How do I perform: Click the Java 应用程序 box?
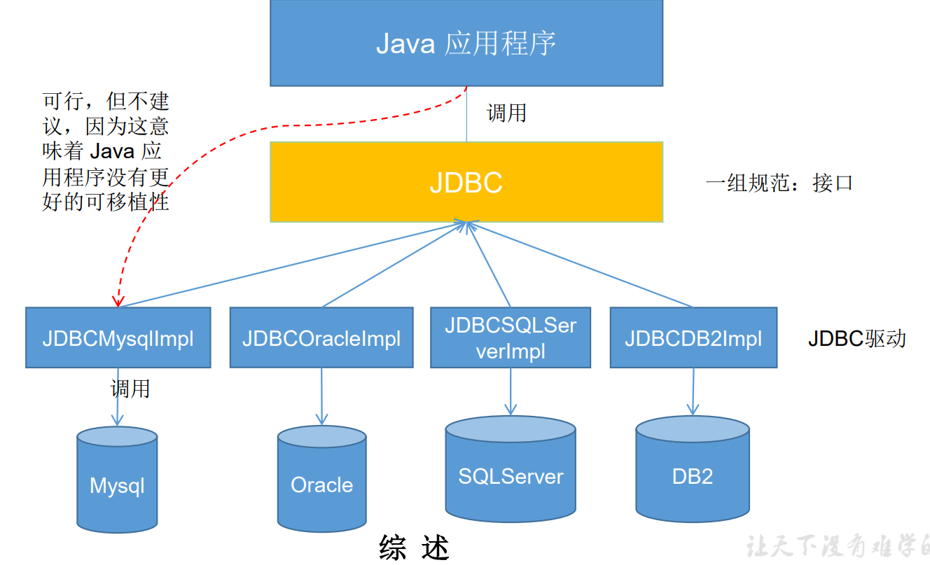tap(466, 43)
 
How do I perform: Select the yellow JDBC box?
tap(466, 182)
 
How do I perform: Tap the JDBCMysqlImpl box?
tap(118, 337)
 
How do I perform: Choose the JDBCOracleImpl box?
tap(321, 337)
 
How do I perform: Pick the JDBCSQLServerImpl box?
tap(511, 337)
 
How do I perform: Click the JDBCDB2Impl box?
tap(693, 337)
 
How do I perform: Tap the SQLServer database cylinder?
tap(511, 476)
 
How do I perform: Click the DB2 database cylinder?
tap(693, 476)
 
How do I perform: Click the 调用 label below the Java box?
tap(506, 113)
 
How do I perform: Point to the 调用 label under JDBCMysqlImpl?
tap(130, 388)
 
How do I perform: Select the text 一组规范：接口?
tap(779, 183)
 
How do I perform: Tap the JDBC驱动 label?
tap(856, 338)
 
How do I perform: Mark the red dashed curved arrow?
tap(210, 140)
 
